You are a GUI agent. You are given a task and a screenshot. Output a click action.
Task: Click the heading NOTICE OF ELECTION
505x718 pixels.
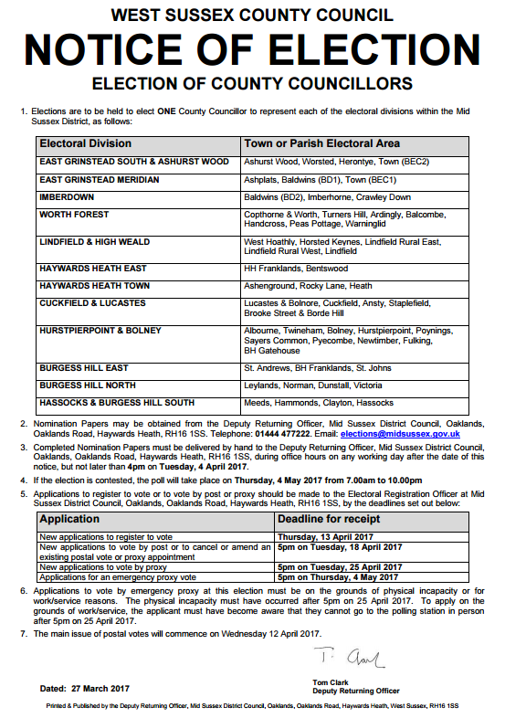coord(252,49)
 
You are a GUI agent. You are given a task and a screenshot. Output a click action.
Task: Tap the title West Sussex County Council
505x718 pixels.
coord(252,15)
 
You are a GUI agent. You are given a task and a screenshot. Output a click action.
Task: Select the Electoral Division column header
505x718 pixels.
coord(86,144)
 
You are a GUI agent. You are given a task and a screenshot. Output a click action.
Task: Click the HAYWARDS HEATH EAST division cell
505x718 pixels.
coord(93,269)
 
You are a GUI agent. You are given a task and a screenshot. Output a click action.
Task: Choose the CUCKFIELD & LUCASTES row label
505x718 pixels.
coord(93,302)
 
